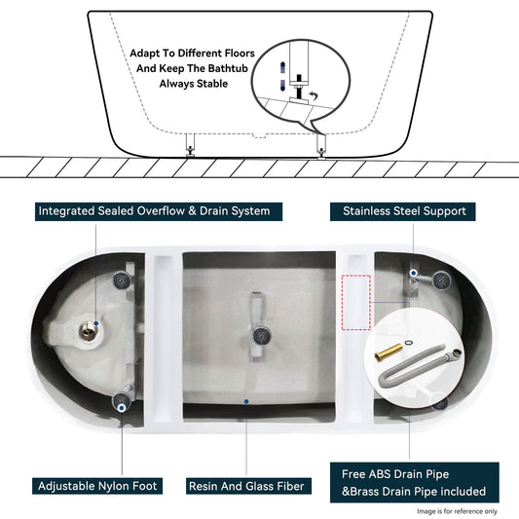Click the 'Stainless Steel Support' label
[404, 210]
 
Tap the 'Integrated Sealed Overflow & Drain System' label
[153, 210]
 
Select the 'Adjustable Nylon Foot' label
[99, 485]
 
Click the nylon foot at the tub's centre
[260, 336]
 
